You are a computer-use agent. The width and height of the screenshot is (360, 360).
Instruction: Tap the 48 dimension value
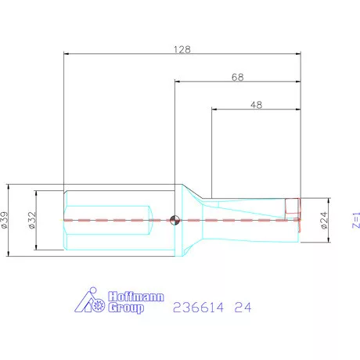tap(257, 104)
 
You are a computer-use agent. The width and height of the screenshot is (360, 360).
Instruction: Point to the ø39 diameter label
tap(6, 220)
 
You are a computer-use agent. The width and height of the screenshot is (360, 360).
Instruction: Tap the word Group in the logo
tap(126, 309)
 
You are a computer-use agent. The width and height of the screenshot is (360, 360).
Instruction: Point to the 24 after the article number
tap(244, 308)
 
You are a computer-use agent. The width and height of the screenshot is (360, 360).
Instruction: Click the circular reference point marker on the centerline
tap(175, 220)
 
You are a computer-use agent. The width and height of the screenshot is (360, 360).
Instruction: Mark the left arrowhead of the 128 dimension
tap(66, 54)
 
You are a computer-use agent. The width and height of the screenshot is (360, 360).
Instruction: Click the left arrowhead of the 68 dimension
tap(177, 81)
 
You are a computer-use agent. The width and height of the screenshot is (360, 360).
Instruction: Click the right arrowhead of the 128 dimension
tap(298, 54)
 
